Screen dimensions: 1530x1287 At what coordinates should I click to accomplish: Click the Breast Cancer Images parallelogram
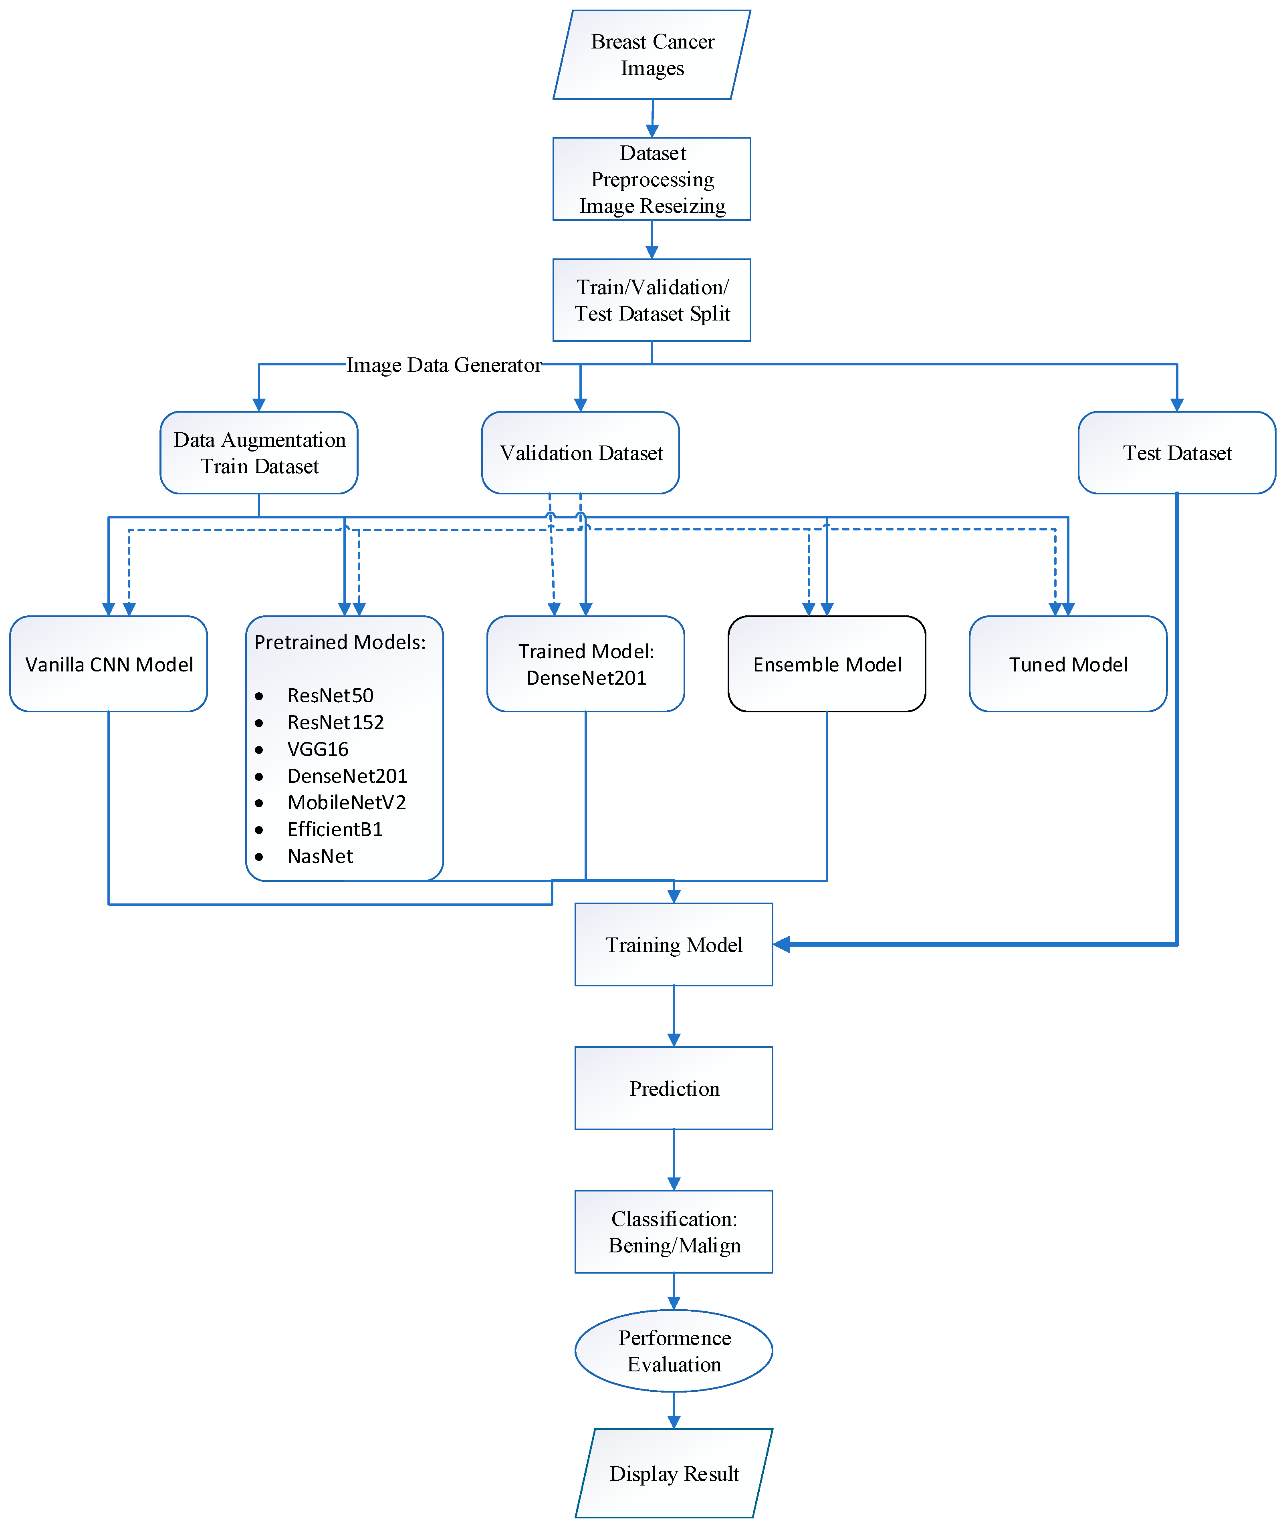click(x=652, y=55)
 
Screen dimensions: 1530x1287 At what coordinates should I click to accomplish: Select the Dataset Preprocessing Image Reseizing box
click(x=652, y=179)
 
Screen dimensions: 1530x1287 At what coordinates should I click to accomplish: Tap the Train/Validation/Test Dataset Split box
click(x=652, y=300)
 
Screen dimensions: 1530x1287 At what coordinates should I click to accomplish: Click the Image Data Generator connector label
click(x=444, y=365)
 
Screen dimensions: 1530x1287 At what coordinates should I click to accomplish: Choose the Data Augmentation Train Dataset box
click(x=259, y=452)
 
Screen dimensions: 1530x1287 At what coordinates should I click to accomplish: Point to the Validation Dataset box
click(x=581, y=452)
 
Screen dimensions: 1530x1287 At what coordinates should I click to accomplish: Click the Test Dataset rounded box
click(x=1176, y=452)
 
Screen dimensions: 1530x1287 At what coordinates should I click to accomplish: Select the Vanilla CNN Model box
click(x=109, y=664)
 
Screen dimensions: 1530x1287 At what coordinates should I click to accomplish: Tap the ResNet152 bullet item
click(x=335, y=722)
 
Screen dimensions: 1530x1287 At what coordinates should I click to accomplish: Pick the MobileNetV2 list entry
click(x=347, y=802)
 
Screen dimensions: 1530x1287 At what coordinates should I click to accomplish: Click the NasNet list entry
click(x=320, y=856)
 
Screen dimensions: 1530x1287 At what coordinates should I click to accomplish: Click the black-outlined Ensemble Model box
click(x=827, y=664)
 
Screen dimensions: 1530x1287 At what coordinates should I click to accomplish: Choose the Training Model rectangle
click(x=674, y=945)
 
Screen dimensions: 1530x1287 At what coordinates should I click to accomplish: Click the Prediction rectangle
click(x=674, y=1089)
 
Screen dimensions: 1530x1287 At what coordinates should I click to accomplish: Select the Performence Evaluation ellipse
click(x=674, y=1351)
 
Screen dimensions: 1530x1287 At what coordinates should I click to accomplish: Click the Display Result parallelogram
click(x=674, y=1474)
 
